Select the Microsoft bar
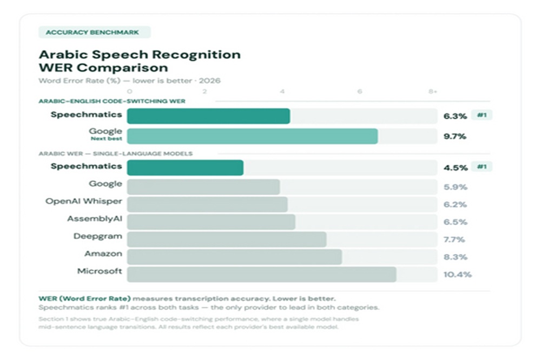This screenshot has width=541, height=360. point(261,274)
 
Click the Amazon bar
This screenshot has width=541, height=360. point(234,257)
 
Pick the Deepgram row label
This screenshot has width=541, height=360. point(98,236)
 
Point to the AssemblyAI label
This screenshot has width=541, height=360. point(95,219)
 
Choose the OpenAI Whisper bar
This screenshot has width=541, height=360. point(207,204)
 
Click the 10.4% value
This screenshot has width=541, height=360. point(457,275)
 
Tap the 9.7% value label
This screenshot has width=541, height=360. point(454,136)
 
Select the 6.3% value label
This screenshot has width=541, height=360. point(454,116)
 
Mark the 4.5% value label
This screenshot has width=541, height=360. point(455,168)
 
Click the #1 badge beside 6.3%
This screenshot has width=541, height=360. point(481,115)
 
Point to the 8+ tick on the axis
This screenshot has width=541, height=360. point(433,91)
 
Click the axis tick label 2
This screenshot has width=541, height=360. point(204,91)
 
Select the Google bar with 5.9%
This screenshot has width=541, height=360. point(203,187)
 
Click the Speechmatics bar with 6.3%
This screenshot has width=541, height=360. point(208,116)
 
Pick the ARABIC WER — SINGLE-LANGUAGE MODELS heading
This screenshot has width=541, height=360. point(115,154)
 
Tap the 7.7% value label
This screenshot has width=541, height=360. point(454,239)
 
